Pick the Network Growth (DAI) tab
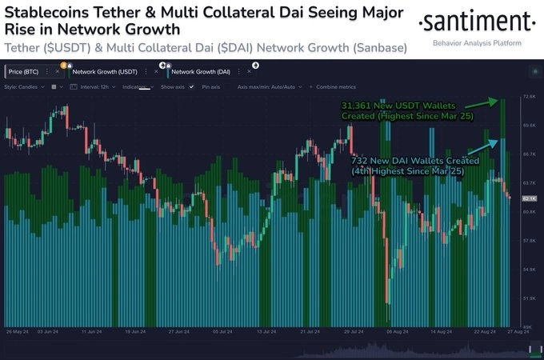(192, 72)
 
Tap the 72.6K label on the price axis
(528, 97)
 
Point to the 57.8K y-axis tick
(528, 241)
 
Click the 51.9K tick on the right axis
(528, 298)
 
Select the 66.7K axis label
(528, 154)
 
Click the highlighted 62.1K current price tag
(528, 198)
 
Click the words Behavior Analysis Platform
(477, 43)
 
